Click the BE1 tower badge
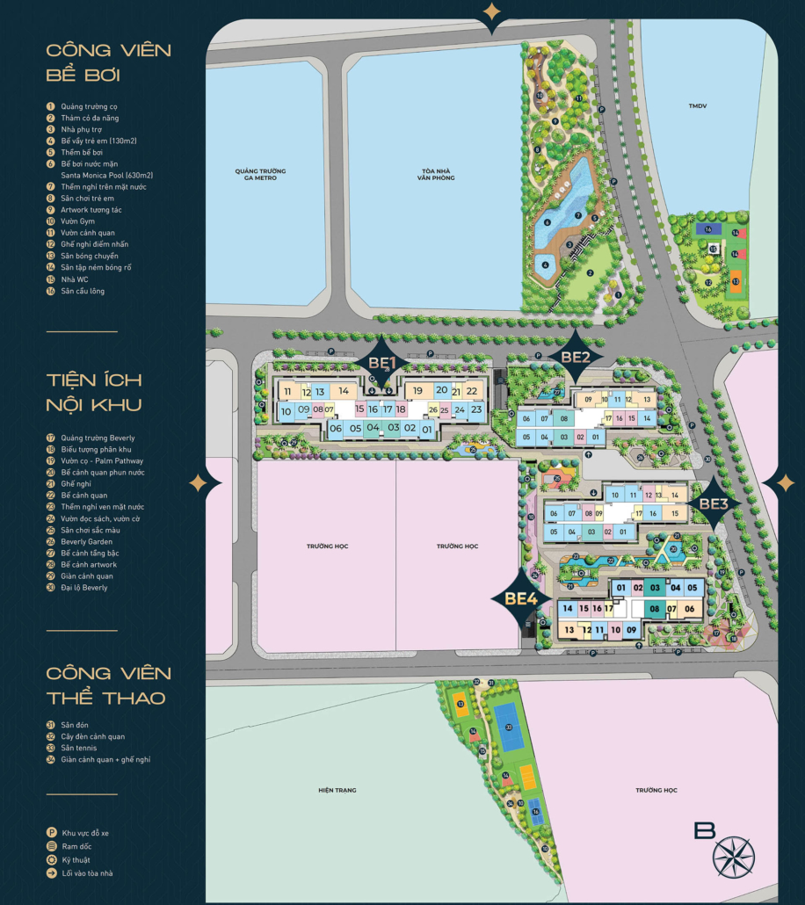tap(383, 362)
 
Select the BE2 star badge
tap(575, 357)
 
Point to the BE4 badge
tap(521, 598)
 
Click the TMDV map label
tap(698, 106)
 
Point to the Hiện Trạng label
tap(337, 791)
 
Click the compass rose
tap(734, 857)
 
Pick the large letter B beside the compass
tap(704, 830)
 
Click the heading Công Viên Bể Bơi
tap(108, 62)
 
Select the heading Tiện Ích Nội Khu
tap(95, 391)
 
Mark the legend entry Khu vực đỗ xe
tap(85, 832)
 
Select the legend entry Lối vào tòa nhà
tap(87, 872)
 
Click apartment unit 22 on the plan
tap(472, 391)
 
